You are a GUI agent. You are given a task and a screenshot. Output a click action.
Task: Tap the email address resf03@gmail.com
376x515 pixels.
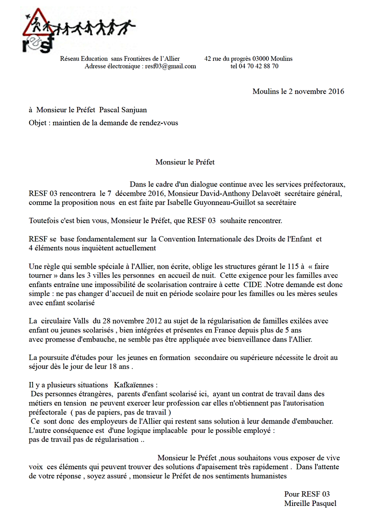point(170,66)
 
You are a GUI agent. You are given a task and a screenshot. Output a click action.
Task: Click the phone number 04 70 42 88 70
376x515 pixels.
point(258,66)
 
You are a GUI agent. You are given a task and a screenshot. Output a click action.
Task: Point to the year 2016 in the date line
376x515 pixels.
point(336,91)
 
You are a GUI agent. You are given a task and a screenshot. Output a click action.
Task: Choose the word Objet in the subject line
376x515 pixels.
point(37,123)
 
